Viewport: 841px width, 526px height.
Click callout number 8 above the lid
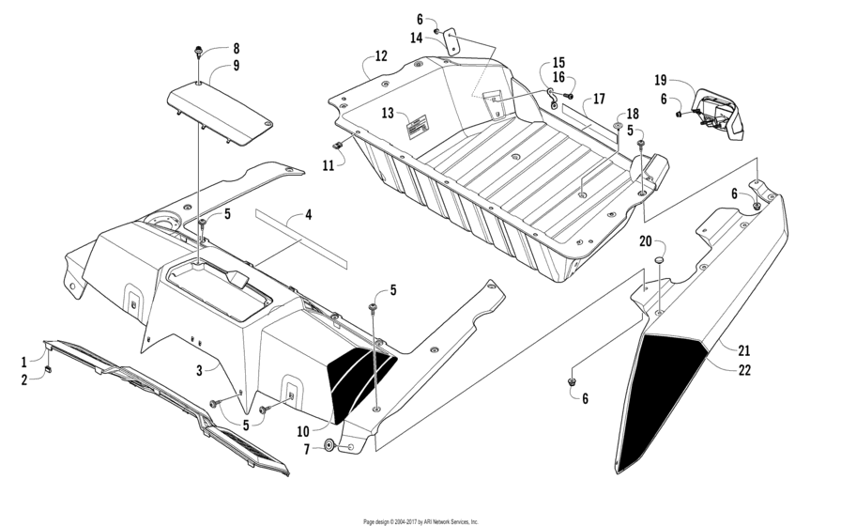pos(237,48)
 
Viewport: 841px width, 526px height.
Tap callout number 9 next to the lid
pos(237,66)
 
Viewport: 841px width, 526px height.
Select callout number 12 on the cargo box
pos(380,56)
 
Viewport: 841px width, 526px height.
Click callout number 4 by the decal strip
pos(308,216)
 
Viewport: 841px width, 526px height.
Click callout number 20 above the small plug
pos(645,241)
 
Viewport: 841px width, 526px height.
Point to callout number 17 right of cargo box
pos(599,99)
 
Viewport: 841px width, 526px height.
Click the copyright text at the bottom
pos(420,520)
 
